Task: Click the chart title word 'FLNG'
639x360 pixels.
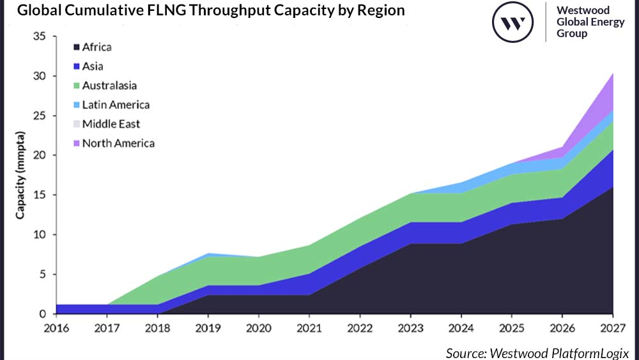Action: [x=196, y=12]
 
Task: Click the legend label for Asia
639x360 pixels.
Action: [x=93, y=66]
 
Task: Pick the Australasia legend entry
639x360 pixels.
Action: [x=109, y=85]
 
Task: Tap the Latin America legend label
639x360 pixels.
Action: [x=116, y=104]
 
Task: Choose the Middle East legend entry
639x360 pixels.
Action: [x=111, y=124]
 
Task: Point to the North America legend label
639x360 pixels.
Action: [x=118, y=143]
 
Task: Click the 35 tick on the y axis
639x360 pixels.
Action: [x=39, y=36]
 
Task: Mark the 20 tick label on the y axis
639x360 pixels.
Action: [x=39, y=155]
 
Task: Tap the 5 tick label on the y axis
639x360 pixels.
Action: [x=42, y=274]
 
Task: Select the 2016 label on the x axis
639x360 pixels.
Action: [x=56, y=328]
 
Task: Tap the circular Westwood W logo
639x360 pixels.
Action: [x=512, y=23]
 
